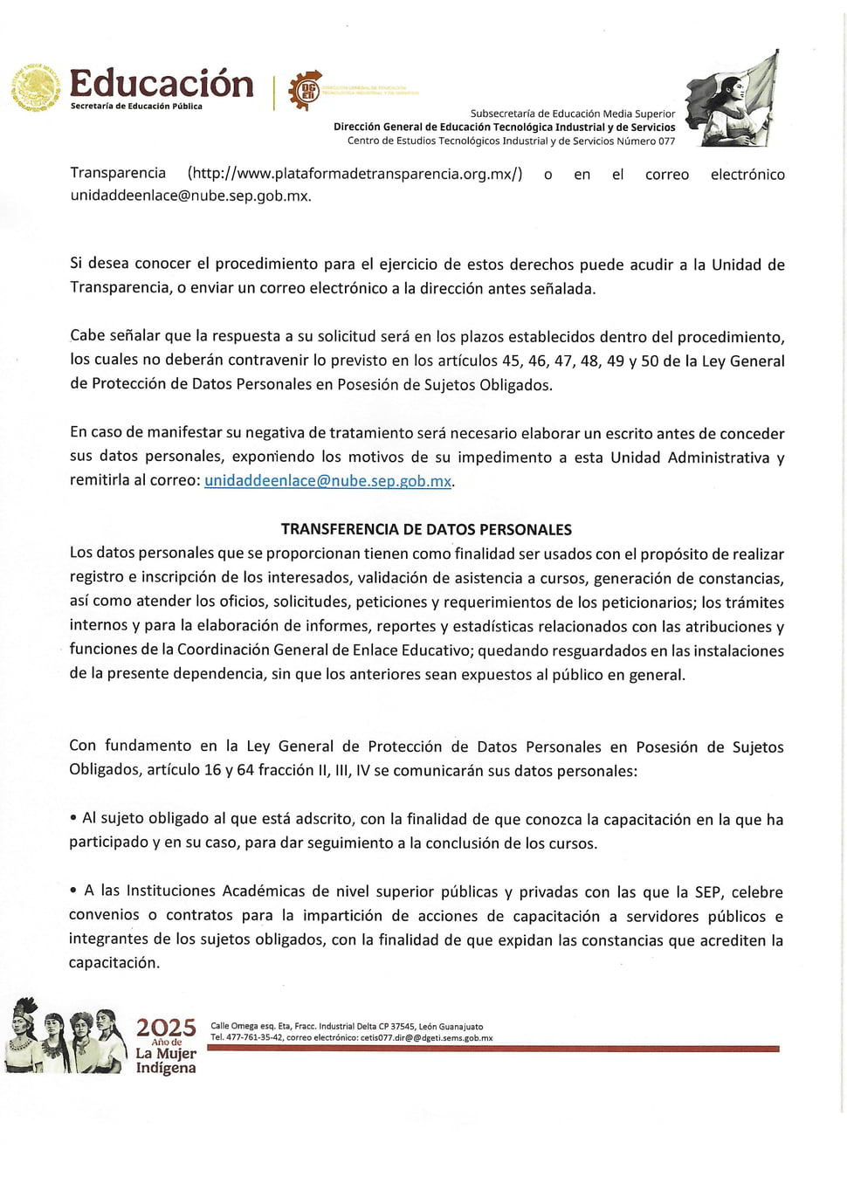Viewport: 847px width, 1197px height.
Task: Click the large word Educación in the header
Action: tap(162, 84)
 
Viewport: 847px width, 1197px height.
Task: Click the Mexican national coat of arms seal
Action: tap(36, 88)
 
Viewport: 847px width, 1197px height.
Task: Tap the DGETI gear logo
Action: tap(306, 90)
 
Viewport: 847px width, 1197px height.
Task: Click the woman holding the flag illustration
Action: tap(733, 100)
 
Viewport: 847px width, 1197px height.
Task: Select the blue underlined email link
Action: tap(327, 481)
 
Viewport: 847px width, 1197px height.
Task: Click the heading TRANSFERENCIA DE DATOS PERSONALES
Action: tap(426, 529)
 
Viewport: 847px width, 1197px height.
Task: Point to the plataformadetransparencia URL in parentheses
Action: tap(355, 174)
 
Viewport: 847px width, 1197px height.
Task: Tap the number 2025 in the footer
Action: tap(166, 1028)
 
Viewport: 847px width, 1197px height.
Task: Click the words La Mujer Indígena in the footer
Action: tap(166, 1061)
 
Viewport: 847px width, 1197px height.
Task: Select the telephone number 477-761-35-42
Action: tap(254, 1038)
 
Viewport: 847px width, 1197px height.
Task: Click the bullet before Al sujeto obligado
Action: tap(73, 819)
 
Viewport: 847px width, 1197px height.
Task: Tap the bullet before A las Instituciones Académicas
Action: tap(73, 891)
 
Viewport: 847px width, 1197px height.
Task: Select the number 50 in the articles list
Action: tap(650, 361)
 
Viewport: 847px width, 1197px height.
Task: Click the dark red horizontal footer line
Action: tap(493, 1049)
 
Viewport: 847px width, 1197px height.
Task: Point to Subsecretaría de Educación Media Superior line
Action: tap(572, 114)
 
